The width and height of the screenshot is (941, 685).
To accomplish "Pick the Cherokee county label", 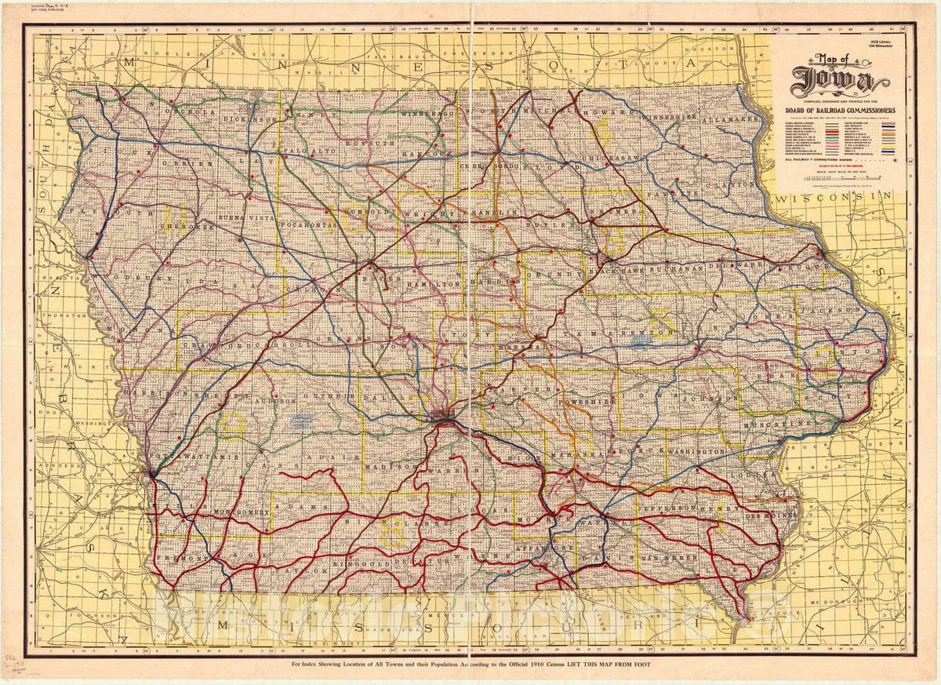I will click(186, 228).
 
